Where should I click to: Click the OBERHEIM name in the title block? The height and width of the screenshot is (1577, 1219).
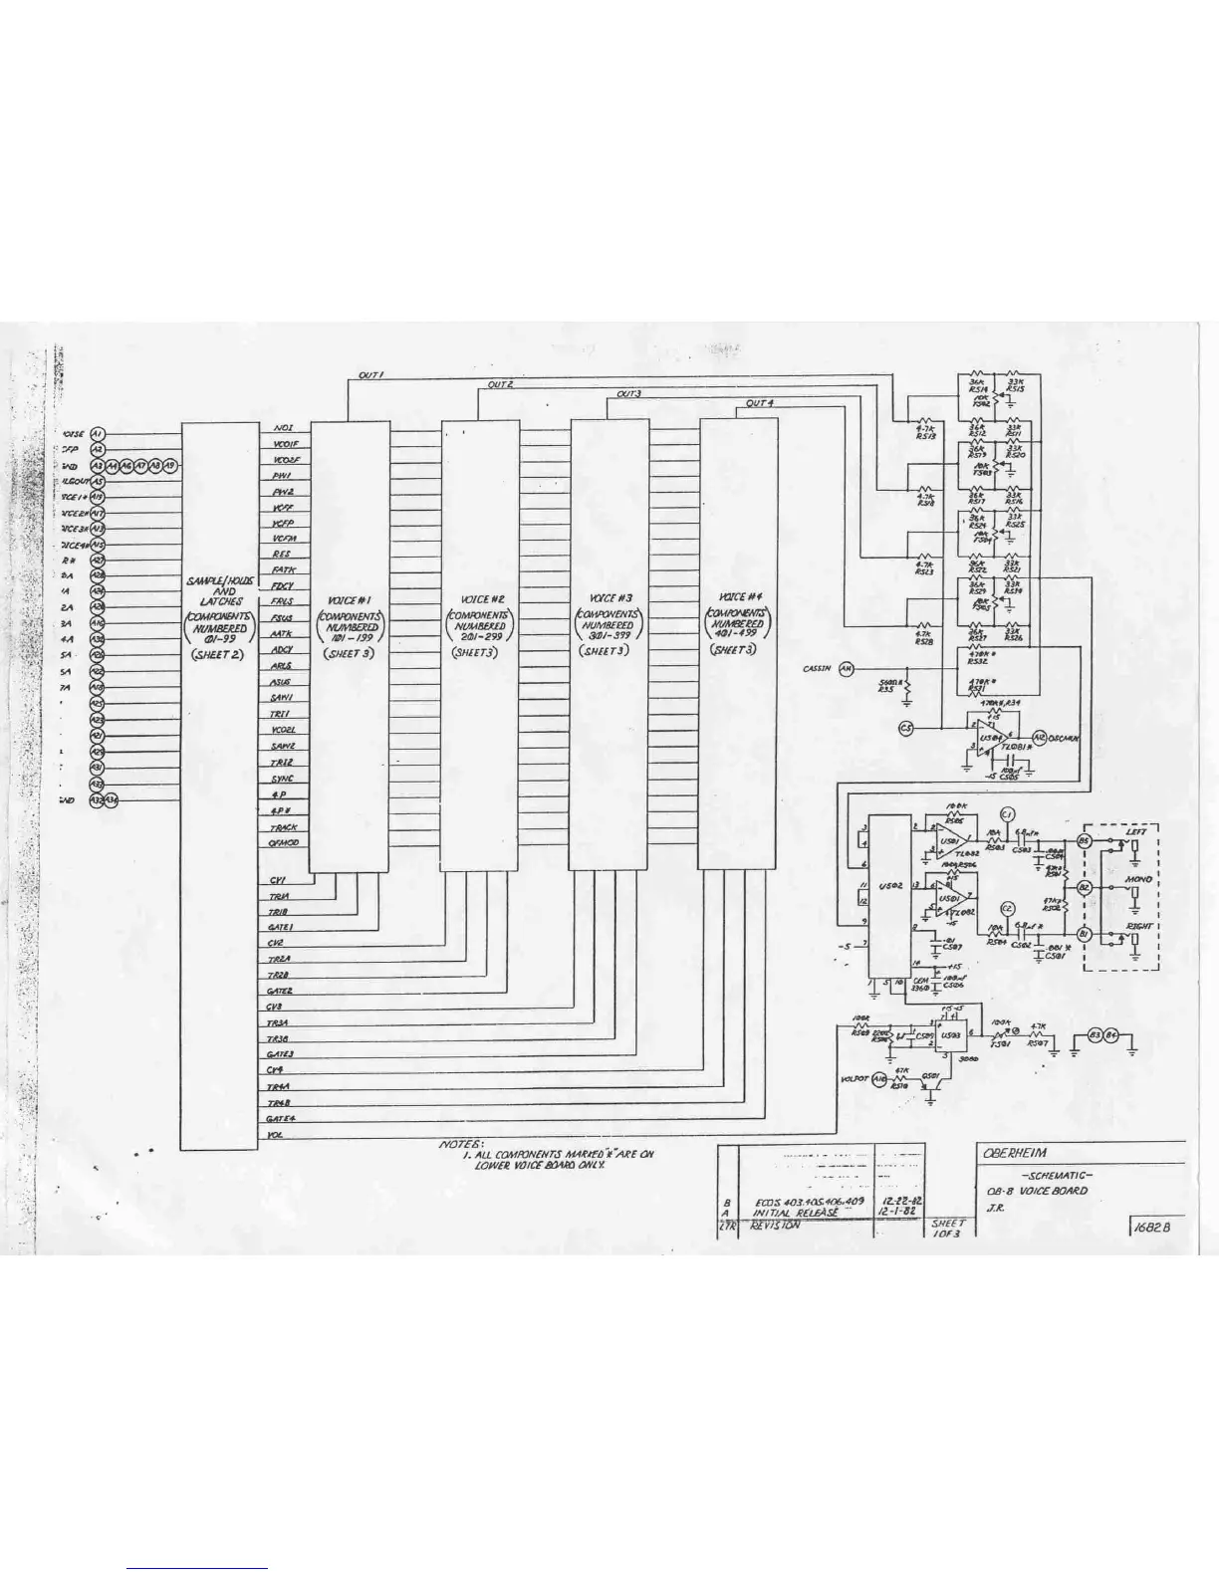tap(1014, 1153)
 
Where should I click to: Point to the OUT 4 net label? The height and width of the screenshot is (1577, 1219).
tap(760, 403)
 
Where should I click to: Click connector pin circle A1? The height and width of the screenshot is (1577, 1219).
tap(98, 434)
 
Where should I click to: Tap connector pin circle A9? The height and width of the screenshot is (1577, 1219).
tap(170, 465)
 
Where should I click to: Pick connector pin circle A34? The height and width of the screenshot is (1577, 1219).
tap(113, 799)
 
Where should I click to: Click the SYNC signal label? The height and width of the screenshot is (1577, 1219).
tap(283, 779)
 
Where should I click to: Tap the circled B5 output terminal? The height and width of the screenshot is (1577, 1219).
tap(1085, 842)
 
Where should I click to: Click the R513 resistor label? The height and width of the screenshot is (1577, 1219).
tap(925, 436)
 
